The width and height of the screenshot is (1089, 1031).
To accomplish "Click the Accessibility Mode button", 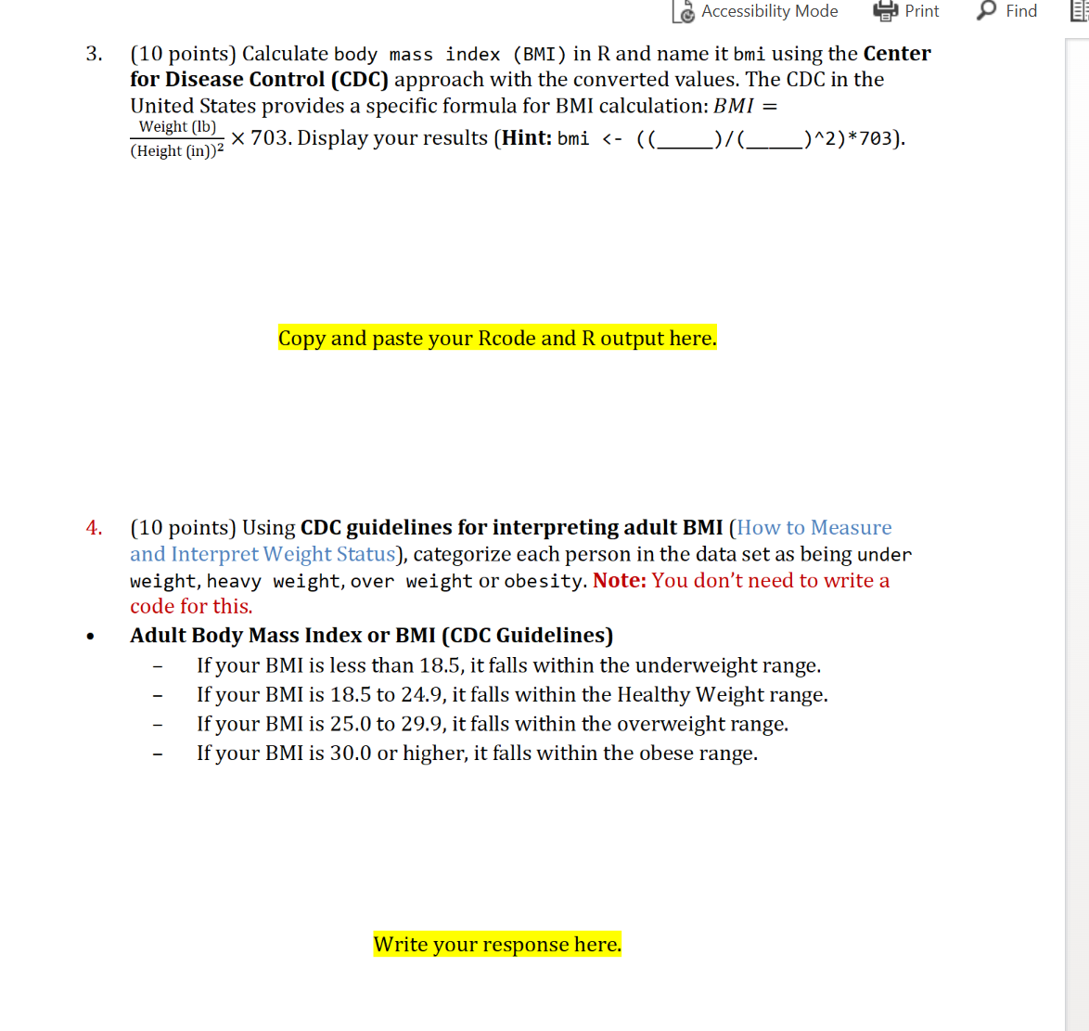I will pyautogui.click(x=756, y=11).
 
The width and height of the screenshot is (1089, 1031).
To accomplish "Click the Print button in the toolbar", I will pyautogui.click(x=906, y=11).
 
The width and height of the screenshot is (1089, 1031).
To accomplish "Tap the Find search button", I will pyautogui.click(x=1007, y=11).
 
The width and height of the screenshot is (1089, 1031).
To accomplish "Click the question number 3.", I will pyautogui.click(x=94, y=54).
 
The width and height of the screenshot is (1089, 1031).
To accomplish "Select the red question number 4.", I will pyautogui.click(x=94, y=528).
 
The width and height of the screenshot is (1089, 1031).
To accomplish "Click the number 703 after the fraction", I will pyautogui.click(x=270, y=138).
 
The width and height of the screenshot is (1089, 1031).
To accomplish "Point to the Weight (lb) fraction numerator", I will pyautogui.click(x=177, y=126).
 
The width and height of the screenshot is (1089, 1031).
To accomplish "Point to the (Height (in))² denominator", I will pyautogui.click(x=176, y=150).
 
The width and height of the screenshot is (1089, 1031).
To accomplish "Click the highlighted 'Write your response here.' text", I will pyautogui.click(x=497, y=944).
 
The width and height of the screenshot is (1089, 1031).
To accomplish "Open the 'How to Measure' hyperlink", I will pyautogui.click(x=814, y=528).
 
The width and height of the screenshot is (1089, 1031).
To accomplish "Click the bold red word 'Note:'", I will pyautogui.click(x=619, y=581).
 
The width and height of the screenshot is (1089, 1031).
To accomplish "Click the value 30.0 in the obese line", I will pyautogui.click(x=351, y=753).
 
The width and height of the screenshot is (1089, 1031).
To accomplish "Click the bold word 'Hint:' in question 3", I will pyautogui.click(x=526, y=138).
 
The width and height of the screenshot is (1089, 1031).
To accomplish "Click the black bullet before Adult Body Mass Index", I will pyautogui.click(x=90, y=637).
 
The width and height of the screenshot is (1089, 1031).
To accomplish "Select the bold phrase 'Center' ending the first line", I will pyautogui.click(x=896, y=54).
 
